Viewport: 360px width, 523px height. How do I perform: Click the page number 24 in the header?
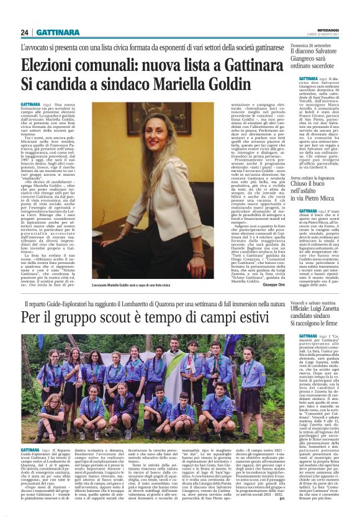click(x=24, y=32)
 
